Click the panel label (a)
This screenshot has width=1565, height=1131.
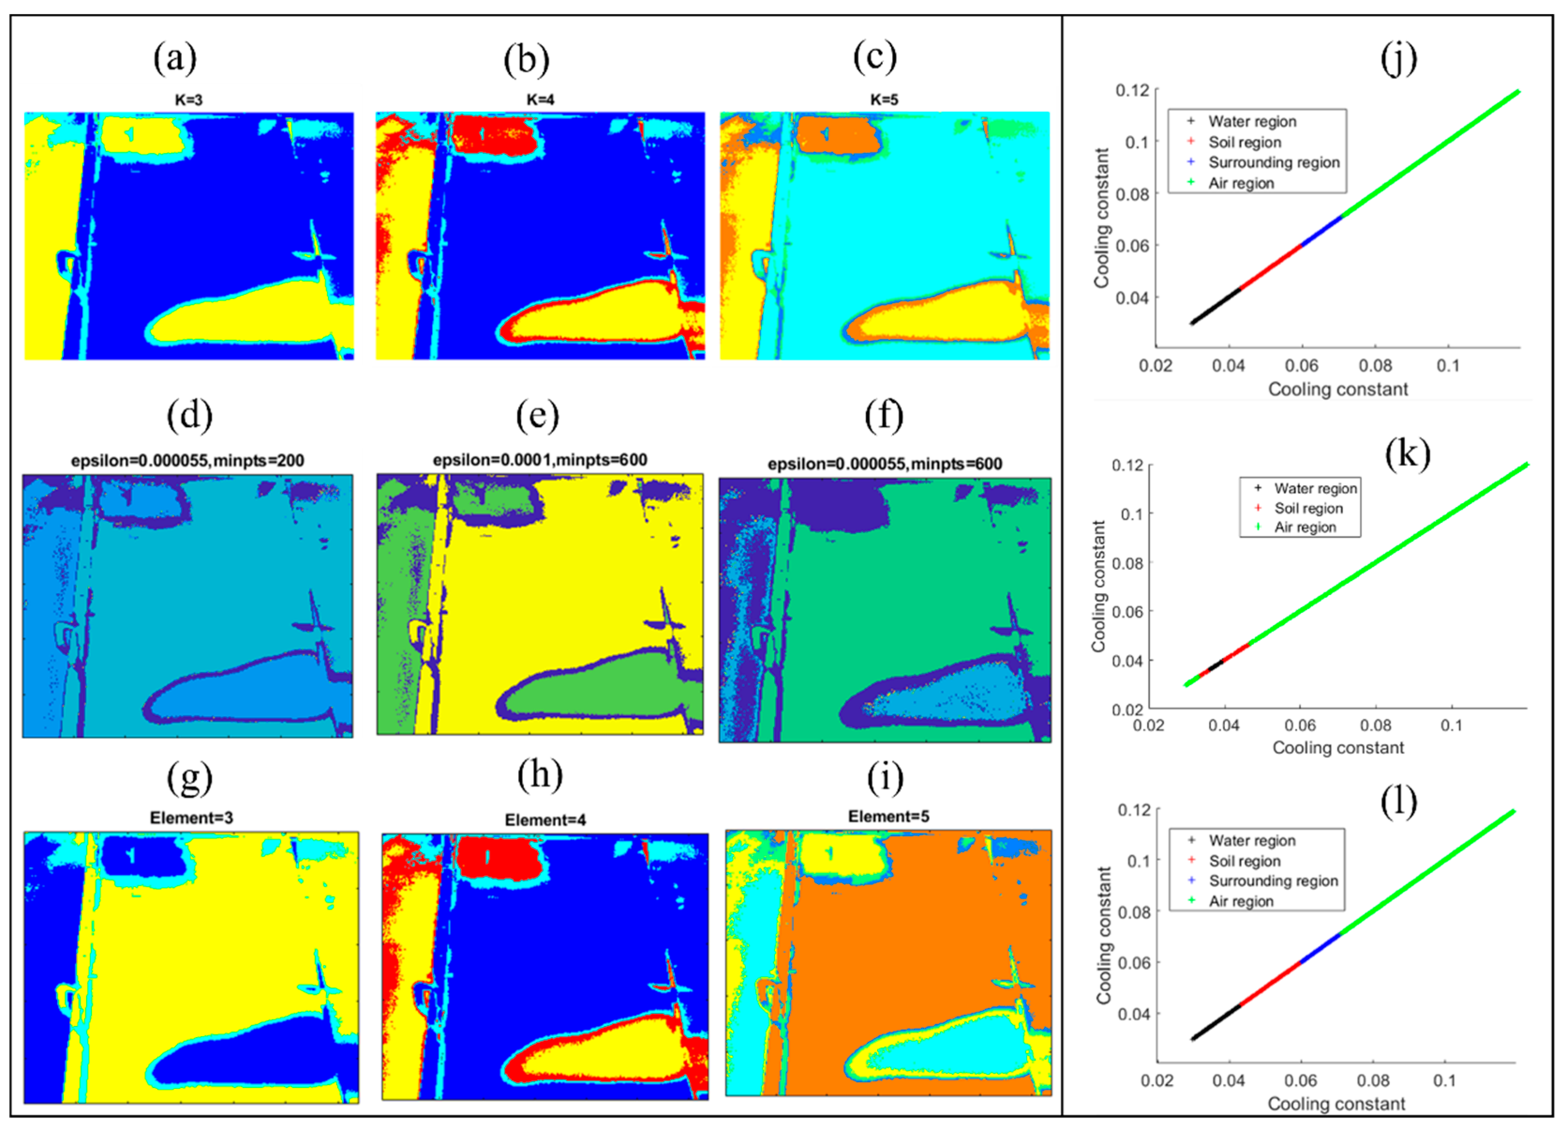pyautogui.click(x=175, y=58)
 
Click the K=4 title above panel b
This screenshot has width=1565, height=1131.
pyautogui.click(x=540, y=99)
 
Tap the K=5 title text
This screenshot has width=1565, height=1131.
pyautogui.click(x=884, y=99)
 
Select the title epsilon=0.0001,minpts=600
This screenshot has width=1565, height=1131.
pyautogui.click(x=540, y=460)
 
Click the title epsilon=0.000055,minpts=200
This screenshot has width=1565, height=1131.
pyautogui.click(x=188, y=460)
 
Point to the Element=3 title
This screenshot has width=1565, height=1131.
pyautogui.click(x=191, y=817)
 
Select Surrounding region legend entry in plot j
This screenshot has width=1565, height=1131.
pyautogui.click(x=1273, y=162)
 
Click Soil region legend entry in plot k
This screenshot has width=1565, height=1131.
pyautogui.click(x=1308, y=508)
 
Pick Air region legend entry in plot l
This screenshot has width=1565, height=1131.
pyautogui.click(x=1240, y=901)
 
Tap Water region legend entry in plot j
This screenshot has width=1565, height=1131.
pyautogui.click(x=1252, y=121)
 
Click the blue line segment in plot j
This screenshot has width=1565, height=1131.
pyautogui.click(x=1321, y=231)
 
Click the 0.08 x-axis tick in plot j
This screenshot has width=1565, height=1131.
pyautogui.click(x=1375, y=365)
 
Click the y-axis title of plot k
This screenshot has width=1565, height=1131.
pyautogui.click(x=1098, y=586)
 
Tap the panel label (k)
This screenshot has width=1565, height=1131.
pyautogui.click(x=1407, y=454)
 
